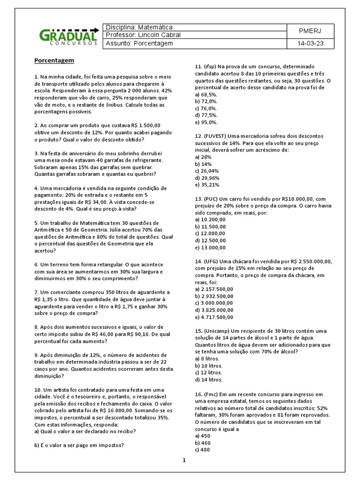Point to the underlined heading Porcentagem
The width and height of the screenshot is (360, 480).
point(54,60)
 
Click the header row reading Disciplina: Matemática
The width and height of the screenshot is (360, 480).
point(139,27)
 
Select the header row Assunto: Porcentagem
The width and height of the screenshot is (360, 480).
point(140,44)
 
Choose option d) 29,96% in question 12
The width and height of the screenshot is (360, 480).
point(207,178)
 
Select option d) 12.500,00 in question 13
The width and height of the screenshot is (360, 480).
point(210,240)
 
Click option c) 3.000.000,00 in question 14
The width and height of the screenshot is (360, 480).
point(214,303)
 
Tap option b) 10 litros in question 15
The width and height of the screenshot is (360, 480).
point(209,366)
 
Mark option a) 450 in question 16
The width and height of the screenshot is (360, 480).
point(203,435)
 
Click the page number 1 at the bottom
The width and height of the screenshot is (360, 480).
point(185,460)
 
